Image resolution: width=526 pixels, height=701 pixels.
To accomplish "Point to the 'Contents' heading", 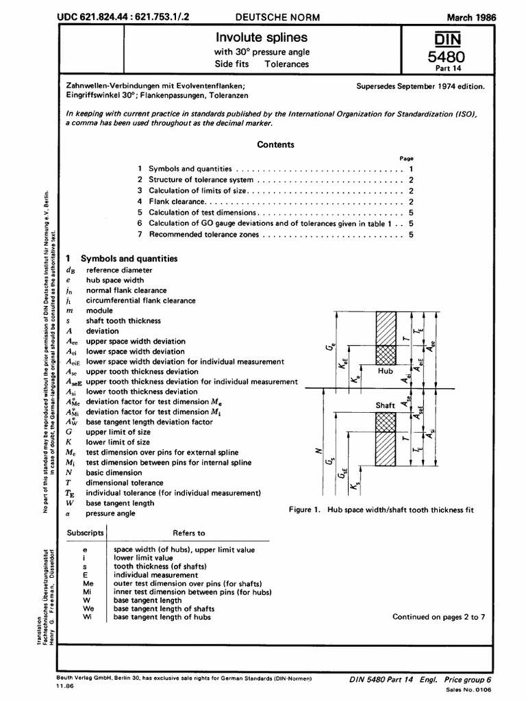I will coord(275,144).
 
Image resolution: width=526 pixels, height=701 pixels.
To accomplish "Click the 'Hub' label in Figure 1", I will coord(387,370).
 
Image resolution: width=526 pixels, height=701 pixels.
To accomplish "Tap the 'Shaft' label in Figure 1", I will coord(386,405).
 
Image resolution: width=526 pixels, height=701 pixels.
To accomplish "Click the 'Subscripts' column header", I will coord(86,533).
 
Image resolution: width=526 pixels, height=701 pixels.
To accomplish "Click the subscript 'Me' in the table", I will coord(86,583).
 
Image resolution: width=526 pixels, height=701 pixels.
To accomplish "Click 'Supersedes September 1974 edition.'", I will coord(421,87).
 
